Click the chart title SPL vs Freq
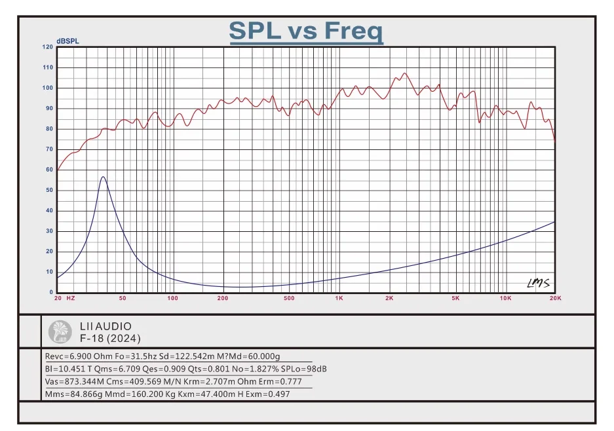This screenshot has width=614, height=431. click(x=306, y=31)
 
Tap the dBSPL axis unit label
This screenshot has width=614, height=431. click(x=67, y=41)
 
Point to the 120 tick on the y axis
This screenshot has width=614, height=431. click(x=48, y=47)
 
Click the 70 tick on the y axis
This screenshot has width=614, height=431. click(x=49, y=149)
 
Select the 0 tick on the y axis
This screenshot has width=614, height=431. click(x=51, y=292)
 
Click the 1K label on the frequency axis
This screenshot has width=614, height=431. click(x=339, y=299)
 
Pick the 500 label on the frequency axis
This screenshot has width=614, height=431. click(x=289, y=299)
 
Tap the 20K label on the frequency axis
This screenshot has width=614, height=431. click(x=555, y=299)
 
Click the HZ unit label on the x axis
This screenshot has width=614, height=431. click(x=71, y=299)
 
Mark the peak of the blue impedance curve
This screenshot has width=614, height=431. click(x=103, y=177)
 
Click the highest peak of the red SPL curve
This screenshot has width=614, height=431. click(x=404, y=73)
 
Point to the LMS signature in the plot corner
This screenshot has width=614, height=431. click(x=539, y=283)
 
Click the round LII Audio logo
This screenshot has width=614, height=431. click(x=61, y=332)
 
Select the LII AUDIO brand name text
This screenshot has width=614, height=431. click(x=106, y=326)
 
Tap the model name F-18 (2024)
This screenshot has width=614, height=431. click(x=109, y=339)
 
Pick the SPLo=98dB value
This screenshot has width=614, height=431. click(x=305, y=369)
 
